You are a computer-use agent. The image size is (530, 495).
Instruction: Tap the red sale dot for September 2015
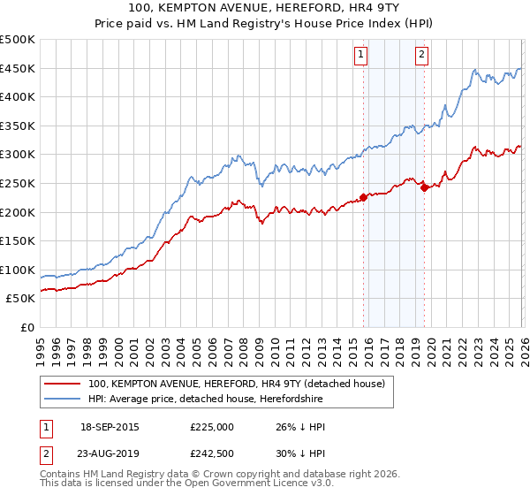pyautogui.click(x=363, y=198)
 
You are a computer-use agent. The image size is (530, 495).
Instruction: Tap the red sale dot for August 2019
pyautogui.click(x=424, y=187)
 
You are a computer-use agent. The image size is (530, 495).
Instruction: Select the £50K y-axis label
pyautogui.click(x=21, y=299)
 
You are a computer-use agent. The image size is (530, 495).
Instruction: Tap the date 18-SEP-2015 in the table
pyautogui.click(x=110, y=427)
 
